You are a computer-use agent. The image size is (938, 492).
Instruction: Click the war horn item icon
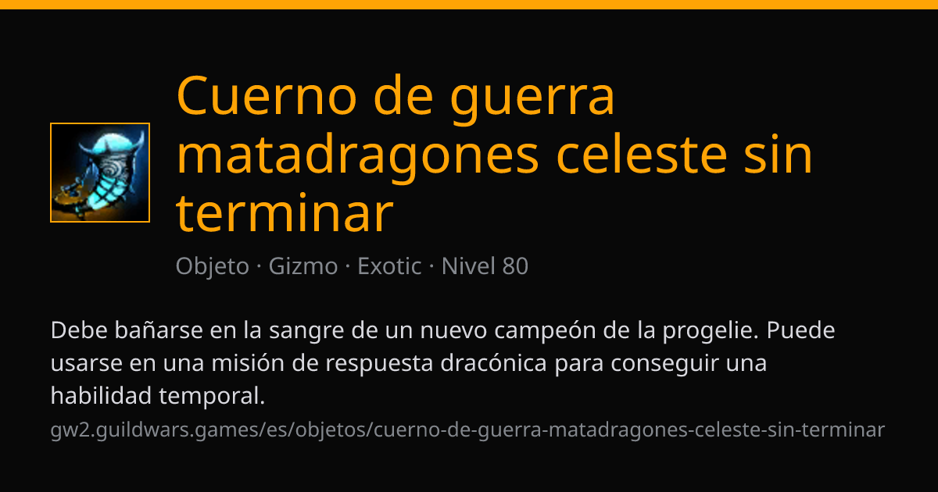click(100, 173)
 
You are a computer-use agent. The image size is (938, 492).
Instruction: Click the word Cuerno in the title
click(267, 95)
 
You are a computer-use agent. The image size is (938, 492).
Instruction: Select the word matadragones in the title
click(358, 157)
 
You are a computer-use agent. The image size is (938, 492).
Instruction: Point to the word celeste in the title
click(642, 155)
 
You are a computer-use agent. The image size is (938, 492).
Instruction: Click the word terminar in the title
click(285, 213)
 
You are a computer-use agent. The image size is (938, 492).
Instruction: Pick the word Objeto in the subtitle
click(213, 267)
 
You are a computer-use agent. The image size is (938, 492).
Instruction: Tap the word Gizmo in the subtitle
click(303, 266)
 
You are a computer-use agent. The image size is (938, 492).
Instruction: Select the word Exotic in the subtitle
click(389, 266)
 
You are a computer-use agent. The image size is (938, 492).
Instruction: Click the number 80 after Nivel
click(515, 266)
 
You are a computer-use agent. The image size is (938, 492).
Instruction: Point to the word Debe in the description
click(79, 330)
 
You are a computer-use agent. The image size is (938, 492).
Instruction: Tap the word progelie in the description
click(711, 332)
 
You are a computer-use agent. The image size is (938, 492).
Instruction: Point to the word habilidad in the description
click(101, 395)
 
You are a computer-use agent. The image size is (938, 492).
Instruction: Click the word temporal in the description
click(212, 397)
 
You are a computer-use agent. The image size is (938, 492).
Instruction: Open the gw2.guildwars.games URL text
click(467, 430)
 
